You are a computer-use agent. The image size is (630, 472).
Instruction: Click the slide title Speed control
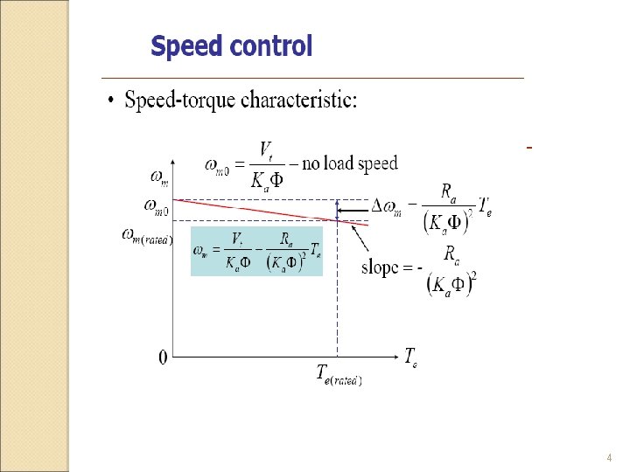(231, 45)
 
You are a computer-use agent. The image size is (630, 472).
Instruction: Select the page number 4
(609, 458)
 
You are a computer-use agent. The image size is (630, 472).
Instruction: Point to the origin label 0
(163, 357)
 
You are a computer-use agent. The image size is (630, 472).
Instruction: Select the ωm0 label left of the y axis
(157, 206)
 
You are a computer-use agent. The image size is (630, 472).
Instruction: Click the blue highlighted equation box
(256, 251)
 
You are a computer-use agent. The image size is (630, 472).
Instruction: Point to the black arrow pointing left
(354, 210)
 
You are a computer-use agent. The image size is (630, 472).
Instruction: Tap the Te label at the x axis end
(410, 356)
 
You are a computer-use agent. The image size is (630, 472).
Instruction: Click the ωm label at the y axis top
(160, 178)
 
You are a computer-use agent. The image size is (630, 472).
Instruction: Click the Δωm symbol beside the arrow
(388, 207)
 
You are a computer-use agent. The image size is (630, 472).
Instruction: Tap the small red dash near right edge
(529, 148)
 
